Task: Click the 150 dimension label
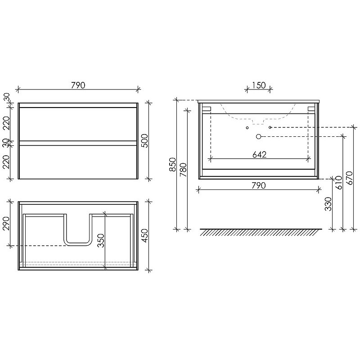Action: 259,85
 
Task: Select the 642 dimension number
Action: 260,155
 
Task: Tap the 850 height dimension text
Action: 172,164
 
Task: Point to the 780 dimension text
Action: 183,170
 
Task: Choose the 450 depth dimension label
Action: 144,235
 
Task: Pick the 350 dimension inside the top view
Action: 101,241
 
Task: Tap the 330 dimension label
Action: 328,204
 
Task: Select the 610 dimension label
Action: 339,183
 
